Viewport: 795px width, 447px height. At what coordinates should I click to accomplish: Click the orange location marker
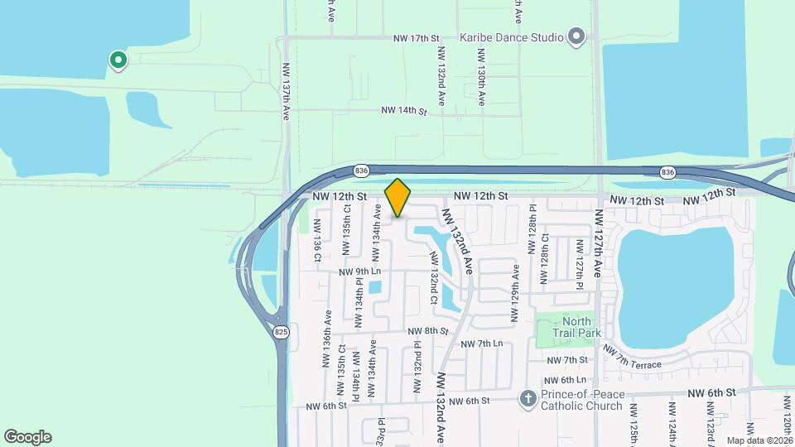pyautogui.click(x=397, y=198)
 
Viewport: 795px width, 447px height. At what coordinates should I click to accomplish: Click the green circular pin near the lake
pyautogui.click(x=118, y=60)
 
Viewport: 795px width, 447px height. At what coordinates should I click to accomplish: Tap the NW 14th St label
pyautogui.click(x=403, y=110)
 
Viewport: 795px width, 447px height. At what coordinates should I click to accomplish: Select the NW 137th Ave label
pyautogui.click(x=287, y=93)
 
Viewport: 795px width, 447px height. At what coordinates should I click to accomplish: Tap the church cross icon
pyautogui.click(x=528, y=399)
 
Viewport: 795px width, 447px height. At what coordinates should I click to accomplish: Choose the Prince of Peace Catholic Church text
pyautogui.click(x=581, y=399)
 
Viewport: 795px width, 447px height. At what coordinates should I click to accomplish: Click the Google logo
pyautogui.click(x=27, y=436)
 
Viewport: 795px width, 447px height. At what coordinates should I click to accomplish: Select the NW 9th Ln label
pyautogui.click(x=359, y=272)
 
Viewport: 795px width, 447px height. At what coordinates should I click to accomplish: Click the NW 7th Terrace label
pyautogui.click(x=634, y=358)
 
